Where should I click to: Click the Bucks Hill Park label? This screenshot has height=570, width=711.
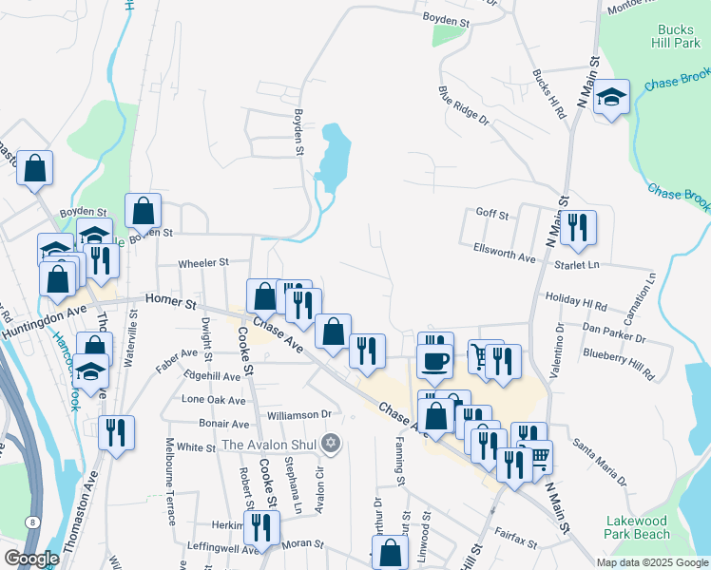pyautogui.click(x=676, y=34)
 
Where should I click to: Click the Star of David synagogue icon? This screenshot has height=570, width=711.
pyautogui.click(x=331, y=444)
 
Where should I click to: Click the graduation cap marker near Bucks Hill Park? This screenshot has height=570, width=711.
pyautogui.click(x=611, y=97)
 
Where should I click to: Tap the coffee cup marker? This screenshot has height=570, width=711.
pyautogui.click(x=436, y=361)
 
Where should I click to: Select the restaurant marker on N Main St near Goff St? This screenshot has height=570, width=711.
pyautogui.click(x=577, y=227)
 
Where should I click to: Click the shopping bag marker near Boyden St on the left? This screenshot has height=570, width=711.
pyautogui.click(x=143, y=209)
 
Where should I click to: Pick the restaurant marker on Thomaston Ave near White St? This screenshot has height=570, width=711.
pyautogui.click(x=116, y=431)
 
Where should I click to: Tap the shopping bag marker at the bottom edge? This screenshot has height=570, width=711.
pyautogui.click(x=391, y=553)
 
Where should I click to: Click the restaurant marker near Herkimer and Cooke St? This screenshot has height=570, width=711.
pyautogui.click(x=259, y=528)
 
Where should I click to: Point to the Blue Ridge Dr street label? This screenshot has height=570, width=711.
pyautogui.click(x=463, y=106)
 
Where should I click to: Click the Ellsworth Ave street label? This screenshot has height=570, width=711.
pyautogui.click(x=505, y=249)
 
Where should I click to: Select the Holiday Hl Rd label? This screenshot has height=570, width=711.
pyautogui.click(x=577, y=302)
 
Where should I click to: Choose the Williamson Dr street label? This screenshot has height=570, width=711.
pyautogui.click(x=298, y=414)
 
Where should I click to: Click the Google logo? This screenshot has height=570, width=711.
pyautogui.click(x=32, y=558)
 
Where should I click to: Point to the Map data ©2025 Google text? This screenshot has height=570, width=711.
pyautogui.click(x=651, y=562)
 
